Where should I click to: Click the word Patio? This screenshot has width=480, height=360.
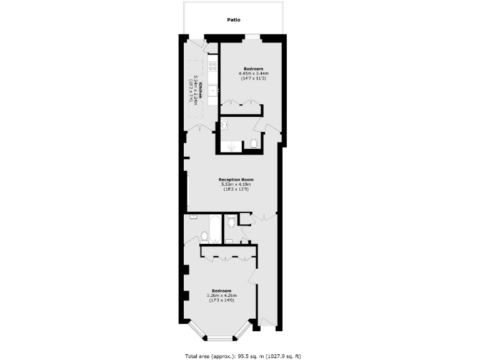[x=234, y=20]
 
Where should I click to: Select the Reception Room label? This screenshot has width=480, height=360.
[x=236, y=179]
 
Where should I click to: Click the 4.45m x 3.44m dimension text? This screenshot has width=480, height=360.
[x=253, y=73]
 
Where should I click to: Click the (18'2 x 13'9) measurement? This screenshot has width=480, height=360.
[x=236, y=189]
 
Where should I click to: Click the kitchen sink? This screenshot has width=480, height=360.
[x=212, y=90]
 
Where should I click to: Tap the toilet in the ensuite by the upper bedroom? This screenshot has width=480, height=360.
[x=253, y=144]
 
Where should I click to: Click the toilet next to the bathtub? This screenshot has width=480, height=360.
[x=203, y=236]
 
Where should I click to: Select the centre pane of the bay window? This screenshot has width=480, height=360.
[x=219, y=339]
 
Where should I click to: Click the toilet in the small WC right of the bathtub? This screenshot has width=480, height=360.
[x=231, y=221]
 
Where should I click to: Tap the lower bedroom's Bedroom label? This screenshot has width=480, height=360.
[x=221, y=291]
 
